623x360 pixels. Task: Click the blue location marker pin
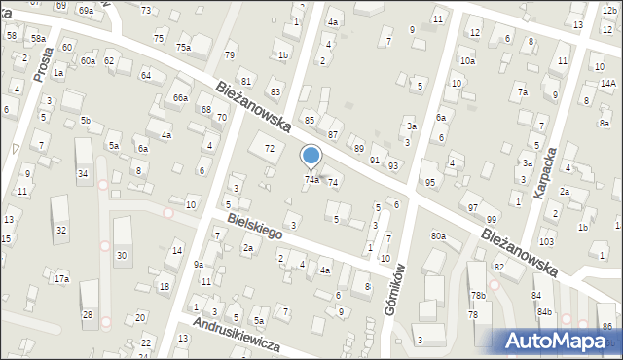(x=311, y=157)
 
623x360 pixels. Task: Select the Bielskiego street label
(x=255, y=227)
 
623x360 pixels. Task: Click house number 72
(x=270, y=148)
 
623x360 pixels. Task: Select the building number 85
(x=310, y=120)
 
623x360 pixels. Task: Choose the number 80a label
(x=438, y=236)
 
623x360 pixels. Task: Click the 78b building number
(x=478, y=296)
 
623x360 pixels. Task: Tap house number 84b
(x=544, y=311)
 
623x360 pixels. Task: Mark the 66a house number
(x=180, y=98)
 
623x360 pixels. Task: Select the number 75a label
(x=183, y=48)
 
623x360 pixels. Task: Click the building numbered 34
(x=83, y=174)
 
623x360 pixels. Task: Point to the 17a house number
(x=61, y=279)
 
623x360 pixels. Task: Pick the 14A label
(x=608, y=84)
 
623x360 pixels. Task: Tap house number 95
(x=430, y=182)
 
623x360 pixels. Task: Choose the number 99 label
(x=492, y=220)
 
